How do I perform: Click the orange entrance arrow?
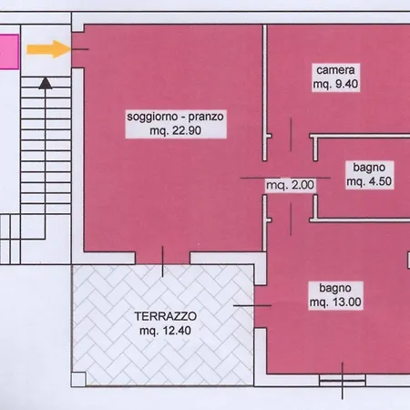tap(48, 49)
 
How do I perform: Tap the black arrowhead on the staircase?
tap(46, 83)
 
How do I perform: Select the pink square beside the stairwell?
tap(9, 52)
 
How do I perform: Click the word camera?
tap(335, 70)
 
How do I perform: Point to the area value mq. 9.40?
tap(335, 84)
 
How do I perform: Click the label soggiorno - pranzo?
tap(175, 117)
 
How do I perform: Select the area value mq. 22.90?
tap(175, 130)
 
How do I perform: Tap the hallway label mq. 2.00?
tap(291, 185)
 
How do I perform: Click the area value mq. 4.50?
tap(369, 181)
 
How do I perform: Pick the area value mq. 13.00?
tap(335, 302)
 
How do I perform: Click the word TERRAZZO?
tap(166, 316)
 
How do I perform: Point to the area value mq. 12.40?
tap(165, 331)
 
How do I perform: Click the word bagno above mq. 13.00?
tap(335, 288)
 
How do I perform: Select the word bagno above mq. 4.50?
tap(369, 168)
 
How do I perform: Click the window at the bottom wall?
tap(343, 380)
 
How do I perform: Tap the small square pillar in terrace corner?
tap(78, 379)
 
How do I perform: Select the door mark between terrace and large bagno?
tap(252, 305)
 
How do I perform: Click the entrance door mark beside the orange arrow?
tap(80, 49)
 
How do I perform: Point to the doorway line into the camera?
tap(291, 135)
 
